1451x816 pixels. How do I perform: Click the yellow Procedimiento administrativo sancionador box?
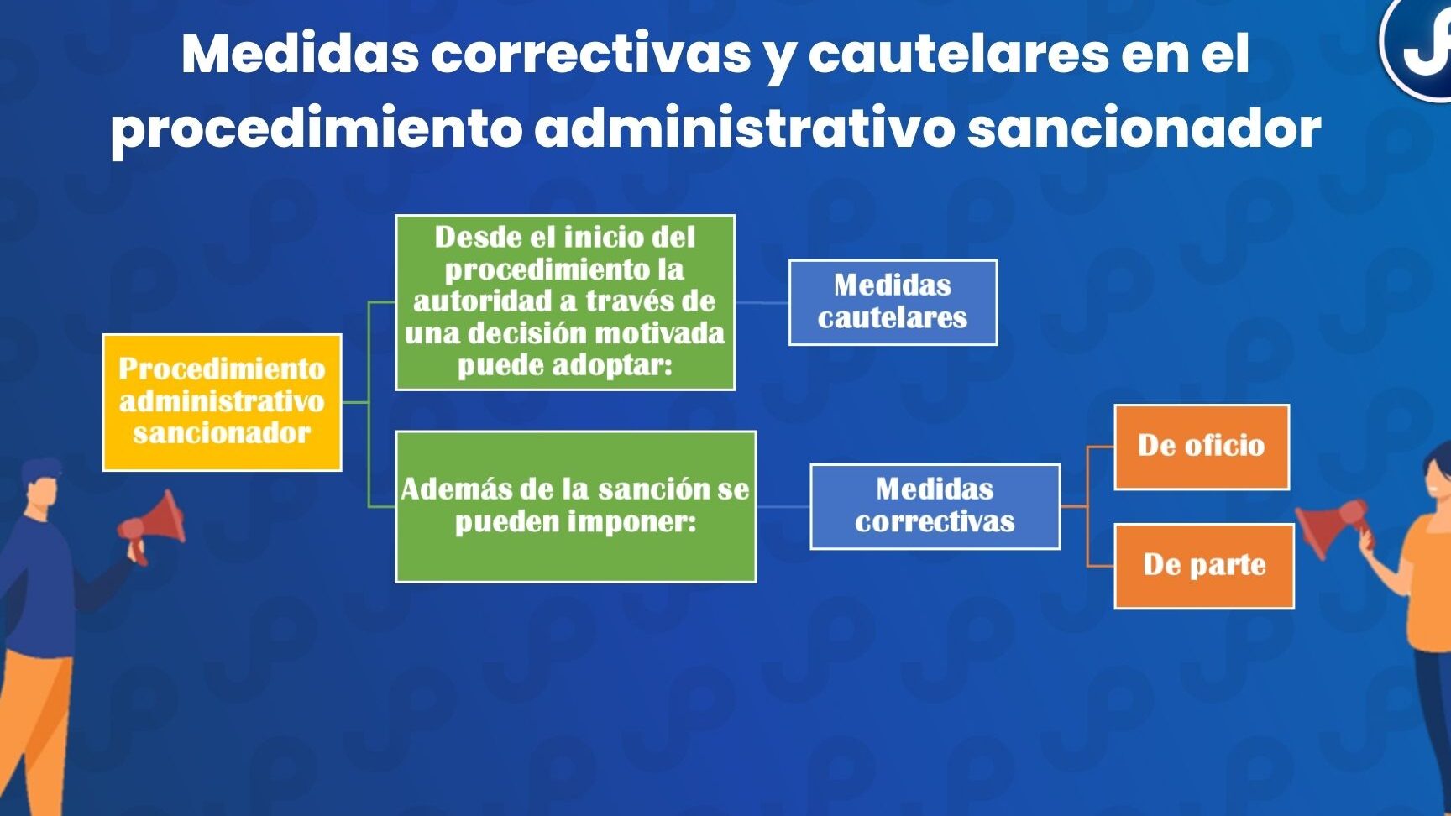[222, 402]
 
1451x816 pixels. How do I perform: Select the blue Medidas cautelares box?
[893, 302]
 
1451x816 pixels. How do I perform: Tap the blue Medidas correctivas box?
[935, 506]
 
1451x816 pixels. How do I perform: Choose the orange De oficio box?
[1202, 447]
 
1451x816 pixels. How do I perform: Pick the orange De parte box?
[1204, 566]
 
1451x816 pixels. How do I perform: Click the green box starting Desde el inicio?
[565, 302]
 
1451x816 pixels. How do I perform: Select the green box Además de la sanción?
[575, 506]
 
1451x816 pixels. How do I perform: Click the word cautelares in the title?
[958, 54]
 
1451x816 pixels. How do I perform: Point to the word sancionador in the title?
[1145, 128]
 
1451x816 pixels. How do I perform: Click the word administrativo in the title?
[745, 128]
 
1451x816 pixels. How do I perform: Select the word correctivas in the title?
[591, 54]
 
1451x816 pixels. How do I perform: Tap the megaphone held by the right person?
[1333, 526]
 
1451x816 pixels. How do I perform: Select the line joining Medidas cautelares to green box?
[762, 302]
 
